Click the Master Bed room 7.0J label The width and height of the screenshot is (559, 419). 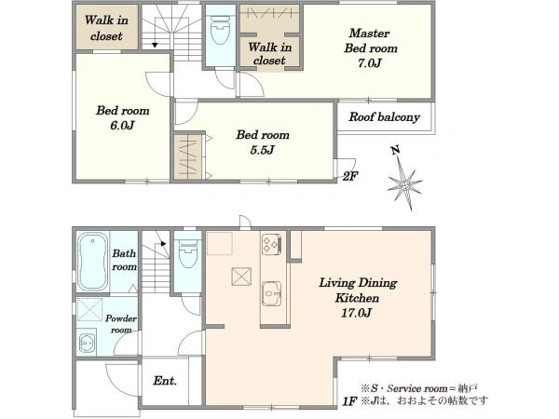tap(371, 48)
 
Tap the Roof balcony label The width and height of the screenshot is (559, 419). tap(384, 117)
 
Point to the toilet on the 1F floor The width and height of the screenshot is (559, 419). tap(188, 253)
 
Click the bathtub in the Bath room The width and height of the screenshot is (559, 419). tap(92, 262)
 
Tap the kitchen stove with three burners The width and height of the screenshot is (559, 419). tap(272, 244)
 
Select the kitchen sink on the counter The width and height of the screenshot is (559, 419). tap(272, 294)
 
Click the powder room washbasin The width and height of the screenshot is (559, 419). tap(87, 342)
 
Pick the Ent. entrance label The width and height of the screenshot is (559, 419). tap(165, 381)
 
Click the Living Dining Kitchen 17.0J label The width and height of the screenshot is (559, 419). tap(358, 298)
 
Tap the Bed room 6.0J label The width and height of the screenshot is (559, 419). tap(123, 117)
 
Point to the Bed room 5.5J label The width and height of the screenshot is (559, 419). tap(263, 142)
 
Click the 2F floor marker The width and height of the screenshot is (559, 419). tap(350, 176)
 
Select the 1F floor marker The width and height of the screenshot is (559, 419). tap(349, 401)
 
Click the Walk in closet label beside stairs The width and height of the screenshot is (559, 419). tap(106, 28)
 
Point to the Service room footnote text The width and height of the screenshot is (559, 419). tap(419, 388)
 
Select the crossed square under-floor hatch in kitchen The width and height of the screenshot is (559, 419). tap(241, 277)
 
